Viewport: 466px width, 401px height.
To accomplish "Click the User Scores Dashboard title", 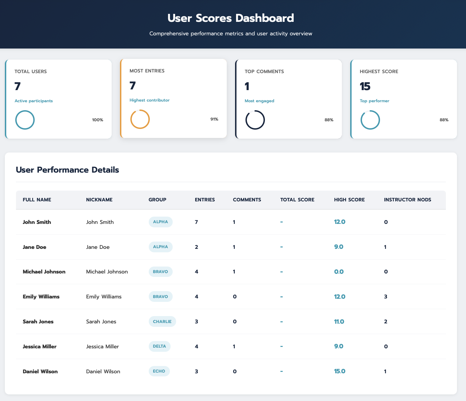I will [x=231, y=18].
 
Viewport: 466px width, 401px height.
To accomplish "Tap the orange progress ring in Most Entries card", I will [x=140, y=119].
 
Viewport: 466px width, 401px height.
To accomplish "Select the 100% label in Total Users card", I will [x=97, y=120].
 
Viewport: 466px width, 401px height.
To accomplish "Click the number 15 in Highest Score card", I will [x=365, y=86].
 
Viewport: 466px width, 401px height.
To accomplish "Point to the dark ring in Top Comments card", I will [x=255, y=120].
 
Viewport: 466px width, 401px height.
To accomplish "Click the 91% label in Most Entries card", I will [x=214, y=119].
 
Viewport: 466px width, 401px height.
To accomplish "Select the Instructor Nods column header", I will [x=407, y=200].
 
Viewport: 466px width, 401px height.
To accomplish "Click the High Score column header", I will [x=349, y=200].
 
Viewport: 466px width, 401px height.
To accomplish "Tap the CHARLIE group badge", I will [x=162, y=321].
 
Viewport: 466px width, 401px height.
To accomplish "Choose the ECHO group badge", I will [x=159, y=371].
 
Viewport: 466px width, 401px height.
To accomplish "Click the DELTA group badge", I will [x=159, y=346].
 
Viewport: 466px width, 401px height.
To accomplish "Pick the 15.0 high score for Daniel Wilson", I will [x=339, y=371].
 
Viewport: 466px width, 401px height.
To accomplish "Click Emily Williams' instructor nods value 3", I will [x=386, y=297].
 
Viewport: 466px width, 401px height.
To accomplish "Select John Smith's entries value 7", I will [x=197, y=222].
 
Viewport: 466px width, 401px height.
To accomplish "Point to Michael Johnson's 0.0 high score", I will [x=339, y=272].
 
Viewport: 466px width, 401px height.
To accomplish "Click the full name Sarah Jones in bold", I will [x=38, y=321].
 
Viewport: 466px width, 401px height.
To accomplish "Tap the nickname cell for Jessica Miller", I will [x=102, y=346].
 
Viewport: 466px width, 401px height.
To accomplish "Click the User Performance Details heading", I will [x=67, y=170].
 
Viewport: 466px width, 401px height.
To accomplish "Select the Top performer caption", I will [x=374, y=101].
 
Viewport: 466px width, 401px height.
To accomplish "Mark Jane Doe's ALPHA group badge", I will [x=161, y=247].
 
